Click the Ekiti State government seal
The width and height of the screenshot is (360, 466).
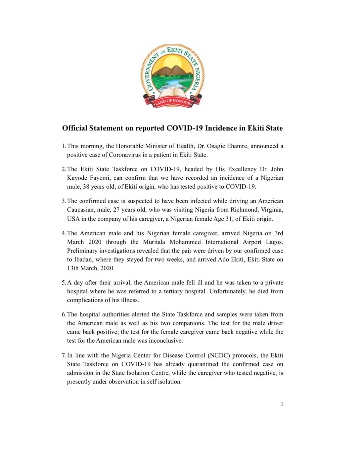pos(172,76)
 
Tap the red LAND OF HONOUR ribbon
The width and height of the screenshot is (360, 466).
pos(172,102)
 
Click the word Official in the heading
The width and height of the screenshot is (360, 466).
pos(75,128)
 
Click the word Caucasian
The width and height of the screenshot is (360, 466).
pos(80,210)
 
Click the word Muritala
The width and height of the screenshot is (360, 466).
pos(154,242)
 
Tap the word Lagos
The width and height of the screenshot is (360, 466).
pos(274,242)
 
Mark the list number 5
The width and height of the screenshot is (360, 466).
pos(64,283)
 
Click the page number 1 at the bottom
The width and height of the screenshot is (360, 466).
pos(282,404)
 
